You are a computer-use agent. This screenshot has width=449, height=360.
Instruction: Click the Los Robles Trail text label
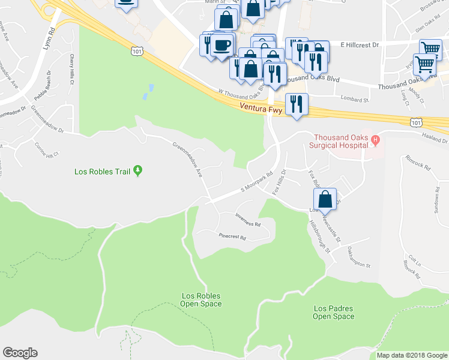click(102, 172)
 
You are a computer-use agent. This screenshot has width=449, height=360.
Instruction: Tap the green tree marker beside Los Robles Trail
click(138, 171)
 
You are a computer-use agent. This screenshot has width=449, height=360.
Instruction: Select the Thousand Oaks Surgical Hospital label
click(339, 140)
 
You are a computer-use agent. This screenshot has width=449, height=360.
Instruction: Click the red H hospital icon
click(376, 141)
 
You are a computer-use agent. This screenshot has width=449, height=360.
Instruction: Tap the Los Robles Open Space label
click(201, 299)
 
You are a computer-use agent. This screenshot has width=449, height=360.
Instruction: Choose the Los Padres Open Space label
click(334, 312)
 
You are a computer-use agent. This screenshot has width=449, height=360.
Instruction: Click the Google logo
click(20, 353)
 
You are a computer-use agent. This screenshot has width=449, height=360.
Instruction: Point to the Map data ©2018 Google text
click(412, 355)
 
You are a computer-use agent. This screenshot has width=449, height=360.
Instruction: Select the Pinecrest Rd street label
click(233, 237)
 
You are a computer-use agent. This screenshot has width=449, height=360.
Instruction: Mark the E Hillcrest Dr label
click(360, 44)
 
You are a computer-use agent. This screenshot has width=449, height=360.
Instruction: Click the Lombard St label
click(354, 99)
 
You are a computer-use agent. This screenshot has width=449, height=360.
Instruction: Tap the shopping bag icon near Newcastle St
click(325, 199)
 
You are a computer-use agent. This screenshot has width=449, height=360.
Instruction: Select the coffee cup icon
click(221, 45)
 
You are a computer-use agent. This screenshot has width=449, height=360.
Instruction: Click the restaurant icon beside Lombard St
click(297, 104)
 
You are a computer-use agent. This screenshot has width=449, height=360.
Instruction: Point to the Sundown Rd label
click(435, 200)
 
